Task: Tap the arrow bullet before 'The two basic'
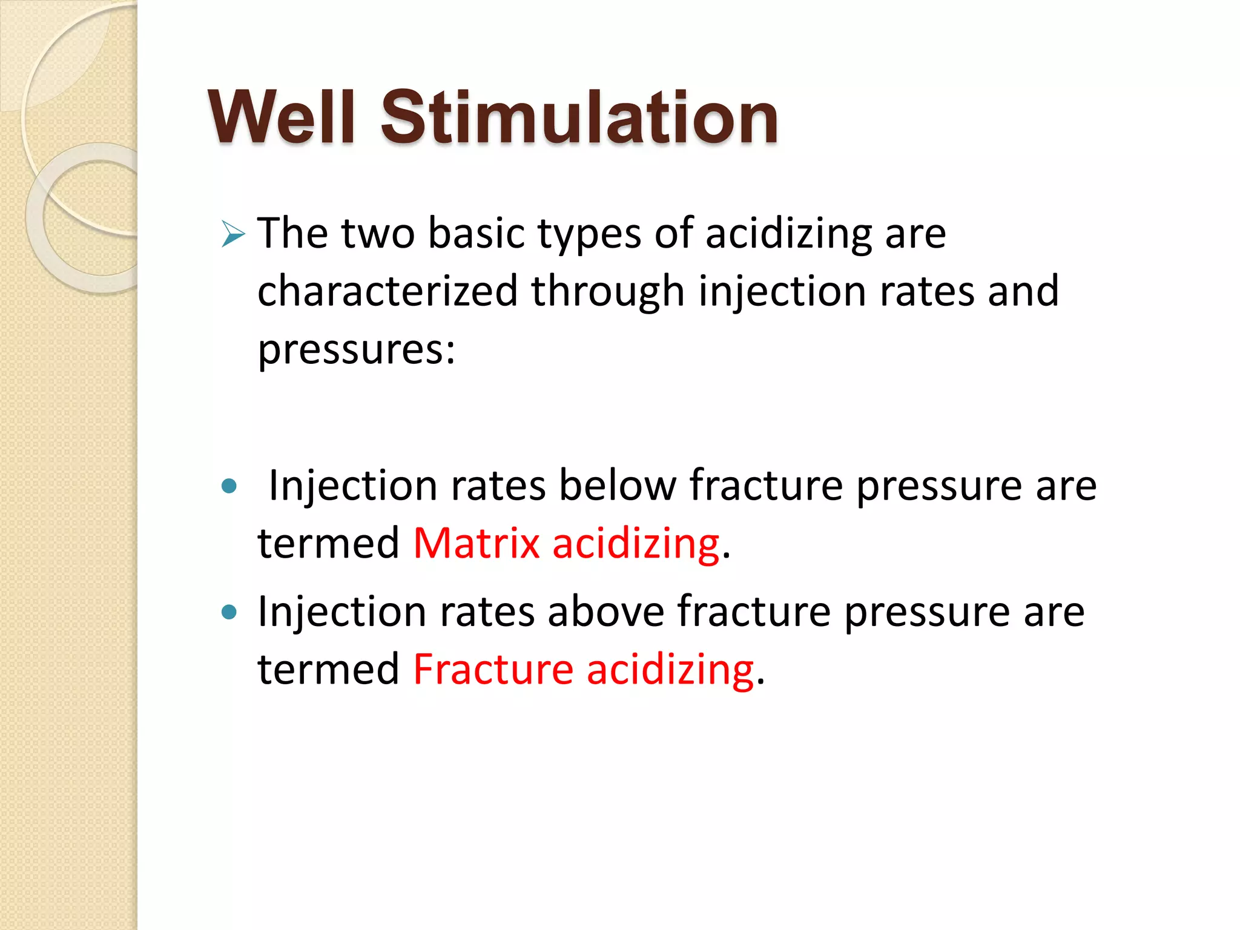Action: click(x=233, y=234)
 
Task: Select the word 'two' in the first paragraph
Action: click(x=378, y=233)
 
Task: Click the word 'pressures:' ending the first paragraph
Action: click(x=356, y=349)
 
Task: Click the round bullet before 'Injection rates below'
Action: click(x=229, y=486)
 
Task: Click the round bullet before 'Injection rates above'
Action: click(x=229, y=612)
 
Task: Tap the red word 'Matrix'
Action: click(x=476, y=543)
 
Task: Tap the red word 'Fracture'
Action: click(x=493, y=670)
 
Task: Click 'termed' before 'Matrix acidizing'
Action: click(x=328, y=543)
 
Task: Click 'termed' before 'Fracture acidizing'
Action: click(x=328, y=670)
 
